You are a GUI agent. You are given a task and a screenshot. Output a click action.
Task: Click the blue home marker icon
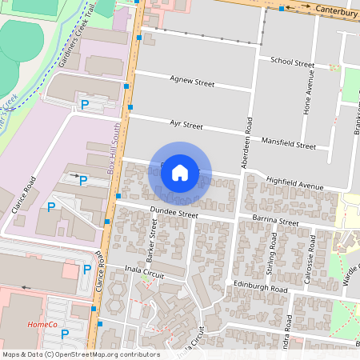(180, 172)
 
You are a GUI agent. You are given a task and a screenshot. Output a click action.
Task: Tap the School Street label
(292, 61)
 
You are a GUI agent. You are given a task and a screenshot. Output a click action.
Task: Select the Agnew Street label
(193, 80)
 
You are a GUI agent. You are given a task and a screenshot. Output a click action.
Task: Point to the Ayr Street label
(186, 125)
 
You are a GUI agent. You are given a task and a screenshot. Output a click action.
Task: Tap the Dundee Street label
(174, 214)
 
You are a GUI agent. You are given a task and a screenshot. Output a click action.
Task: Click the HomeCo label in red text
(42, 324)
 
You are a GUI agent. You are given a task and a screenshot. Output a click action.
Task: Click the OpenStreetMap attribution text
(81, 354)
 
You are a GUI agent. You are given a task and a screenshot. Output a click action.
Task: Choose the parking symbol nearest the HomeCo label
(65, 334)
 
